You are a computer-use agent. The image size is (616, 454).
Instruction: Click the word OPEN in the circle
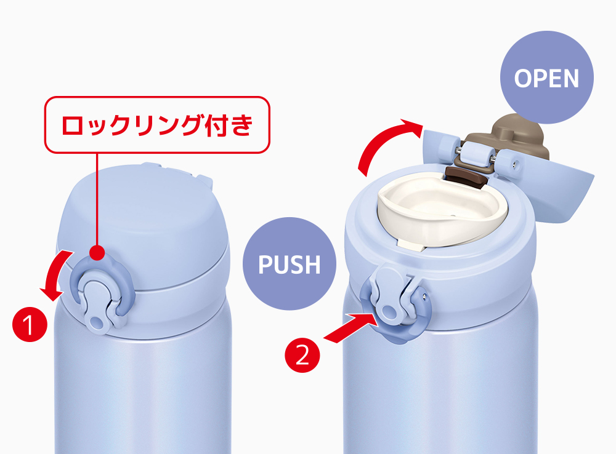click(546, 78)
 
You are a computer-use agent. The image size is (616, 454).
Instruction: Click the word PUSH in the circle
click(290, 265)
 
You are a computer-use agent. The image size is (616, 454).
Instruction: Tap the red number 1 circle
click(30, 324)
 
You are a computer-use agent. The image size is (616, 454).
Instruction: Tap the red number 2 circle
click(302, 356)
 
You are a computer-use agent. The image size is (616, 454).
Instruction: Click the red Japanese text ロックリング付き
click(157, 125)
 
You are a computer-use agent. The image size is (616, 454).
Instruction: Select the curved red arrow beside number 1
click(55, 274)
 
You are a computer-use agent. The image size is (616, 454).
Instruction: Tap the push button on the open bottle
click(389, 302)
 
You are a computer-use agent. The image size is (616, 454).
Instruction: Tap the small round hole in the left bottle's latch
click(96, 323)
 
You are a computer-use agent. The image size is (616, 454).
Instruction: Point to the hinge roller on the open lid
click(477, 154)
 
